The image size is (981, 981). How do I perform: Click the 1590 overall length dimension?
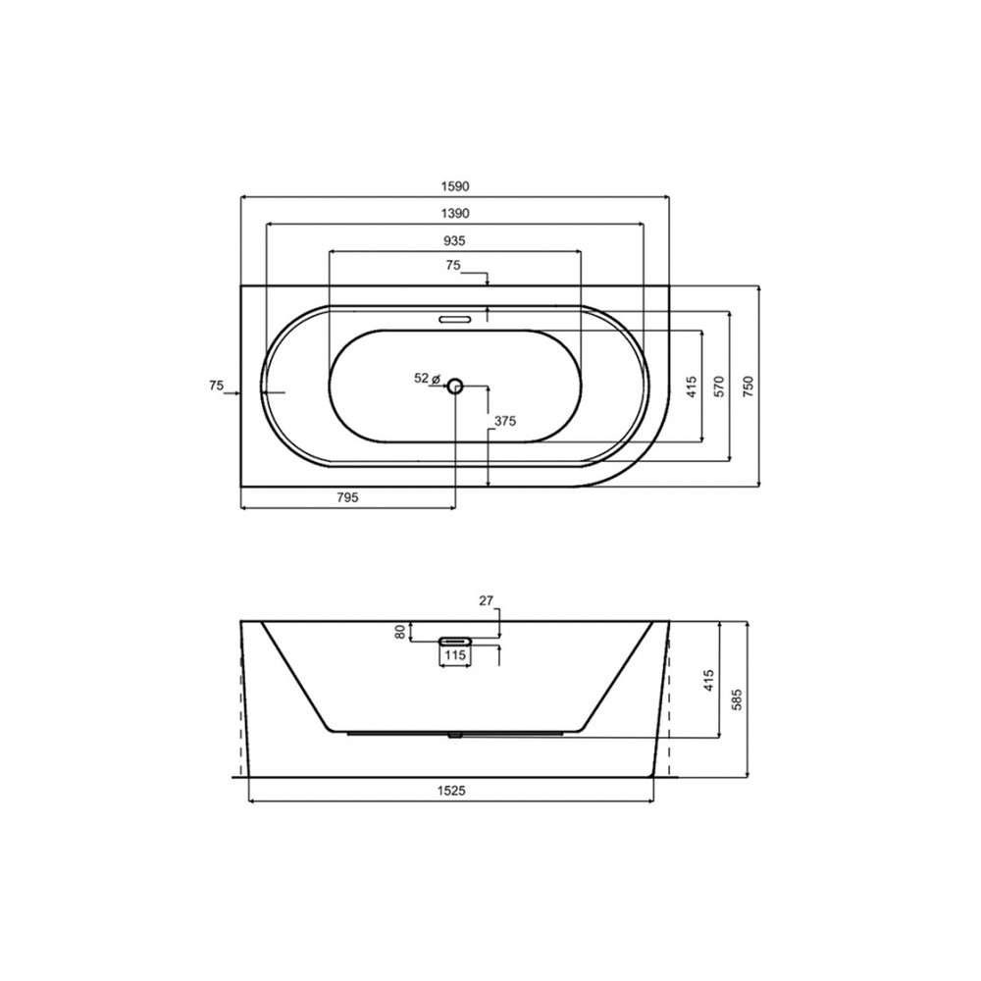pyautogui.click(x=455, y=186)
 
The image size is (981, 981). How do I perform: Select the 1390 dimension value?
pyautogui.click(x=455, y=213)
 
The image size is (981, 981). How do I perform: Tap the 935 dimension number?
pyautogui.click(x=455, y=240)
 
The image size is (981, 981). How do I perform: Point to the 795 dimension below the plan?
pyautogui.click(x=347, y=497)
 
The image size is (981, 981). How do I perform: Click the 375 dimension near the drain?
pyautogui.click(x=505, y=421)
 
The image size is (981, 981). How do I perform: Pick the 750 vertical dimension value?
pyautogui.click(x=749, y=386)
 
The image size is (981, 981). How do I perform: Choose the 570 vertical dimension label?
pyautogui.click(x=719, y=386)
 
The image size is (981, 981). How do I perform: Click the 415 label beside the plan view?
pyautogui.click(x=691, y=386)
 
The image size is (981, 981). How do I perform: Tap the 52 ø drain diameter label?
pyautogui.click(x=429, y=378)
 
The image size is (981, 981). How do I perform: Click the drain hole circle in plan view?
pyautogui.click(x=455, y=387)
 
